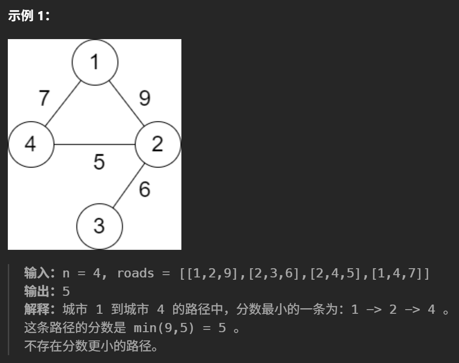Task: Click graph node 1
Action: point(95,62)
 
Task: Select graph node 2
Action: point(157,144)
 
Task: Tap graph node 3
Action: point(99,226)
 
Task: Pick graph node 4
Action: point(31,144)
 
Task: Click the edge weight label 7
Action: point(44,98)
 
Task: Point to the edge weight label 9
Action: point(145,98)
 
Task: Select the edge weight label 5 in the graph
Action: point(99,162)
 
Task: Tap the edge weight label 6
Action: point(145,189)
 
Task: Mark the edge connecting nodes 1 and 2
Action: point(126,104)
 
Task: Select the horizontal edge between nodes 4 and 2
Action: point(94,144)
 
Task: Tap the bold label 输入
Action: point(39,273)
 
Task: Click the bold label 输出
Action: point(39,291)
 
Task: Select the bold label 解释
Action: point(39,309)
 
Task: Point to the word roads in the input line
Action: point(135,273)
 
